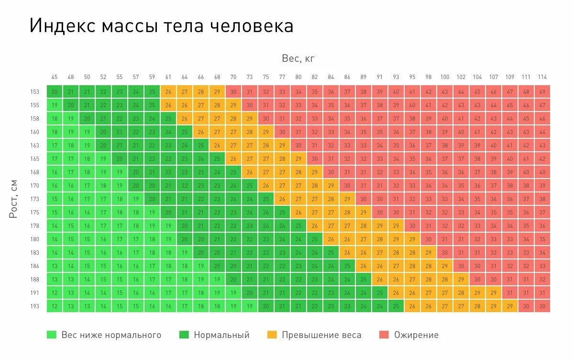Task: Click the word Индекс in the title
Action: point(63,26)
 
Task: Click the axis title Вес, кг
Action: point(298,59)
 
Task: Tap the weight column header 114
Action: point(542,77)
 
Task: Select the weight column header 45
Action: point(55,77)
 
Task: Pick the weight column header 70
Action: point(233,77)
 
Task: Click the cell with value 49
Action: point(542,92)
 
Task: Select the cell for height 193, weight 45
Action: point(55,306)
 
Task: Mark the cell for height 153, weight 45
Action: point(55,92)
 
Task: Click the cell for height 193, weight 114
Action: point(542,306)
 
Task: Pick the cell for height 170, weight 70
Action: point(233,186)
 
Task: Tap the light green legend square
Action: point(51,335)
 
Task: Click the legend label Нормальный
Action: point(221,335)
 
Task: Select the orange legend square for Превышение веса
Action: point(272,335)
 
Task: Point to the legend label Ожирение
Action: point(416,335)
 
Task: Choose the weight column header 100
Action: point(445,77)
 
